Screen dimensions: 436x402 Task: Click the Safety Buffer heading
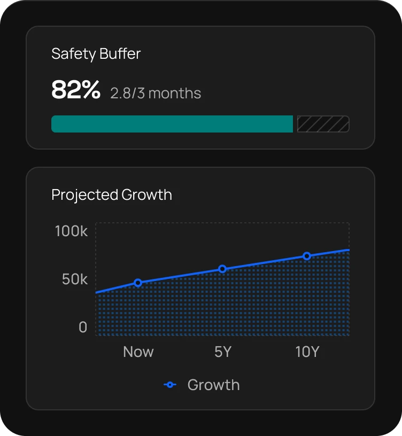[x=96, y=54]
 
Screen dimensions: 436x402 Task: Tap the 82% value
[x=76, y=90]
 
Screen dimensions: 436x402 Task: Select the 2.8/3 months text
[x=156, y=94]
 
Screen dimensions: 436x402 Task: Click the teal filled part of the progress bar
[x=172, y=124]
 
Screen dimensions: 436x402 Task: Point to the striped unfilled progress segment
[x=323, y=124]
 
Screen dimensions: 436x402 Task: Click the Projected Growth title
[x=112, y=194]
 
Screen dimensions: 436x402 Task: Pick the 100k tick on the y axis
[x=71, y=231]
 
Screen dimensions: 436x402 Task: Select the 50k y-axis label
[x=74, y=279]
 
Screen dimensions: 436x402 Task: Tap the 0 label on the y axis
[x=83, y=327]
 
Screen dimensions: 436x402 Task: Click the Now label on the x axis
[x=138, y=352]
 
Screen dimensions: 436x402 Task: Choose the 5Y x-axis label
[x=222, y=352]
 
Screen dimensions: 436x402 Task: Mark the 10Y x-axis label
[x=307, y=352]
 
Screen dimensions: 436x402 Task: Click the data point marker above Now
[x=138, y=283]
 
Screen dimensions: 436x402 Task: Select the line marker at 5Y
[x=222, y=269]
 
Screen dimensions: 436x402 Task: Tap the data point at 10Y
[x=307, y=256]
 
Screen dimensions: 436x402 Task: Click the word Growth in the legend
[x=213, y=385]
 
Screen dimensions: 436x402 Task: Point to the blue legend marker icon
[x=170, y=385]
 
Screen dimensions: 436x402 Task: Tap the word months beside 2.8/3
[x=175, y=94]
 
